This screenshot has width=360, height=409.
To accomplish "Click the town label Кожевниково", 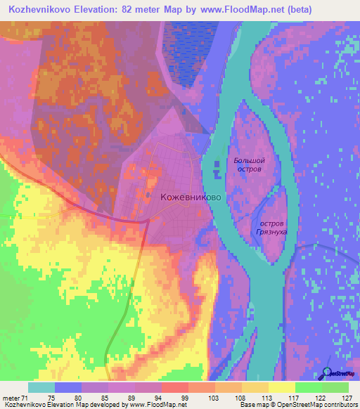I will pyautogui.click(x=191, y=198).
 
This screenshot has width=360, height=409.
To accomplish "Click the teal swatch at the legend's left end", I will pyautogui.click(x=41, y=387).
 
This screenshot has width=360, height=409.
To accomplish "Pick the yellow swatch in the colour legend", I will pyautogui.click(x=281, y=387).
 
